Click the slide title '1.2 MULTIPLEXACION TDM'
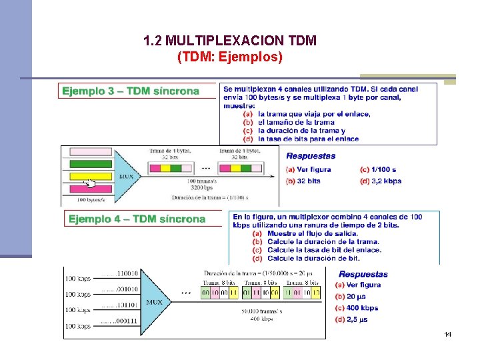230,41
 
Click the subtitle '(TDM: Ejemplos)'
230,57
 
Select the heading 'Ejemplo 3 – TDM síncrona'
131,91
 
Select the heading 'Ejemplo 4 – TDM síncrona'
137,219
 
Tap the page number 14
447,333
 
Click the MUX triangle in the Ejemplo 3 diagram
126,175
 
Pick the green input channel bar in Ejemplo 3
91,163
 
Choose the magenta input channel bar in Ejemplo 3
91,151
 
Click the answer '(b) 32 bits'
303,181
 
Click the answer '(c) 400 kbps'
357,308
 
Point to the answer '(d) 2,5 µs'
353,320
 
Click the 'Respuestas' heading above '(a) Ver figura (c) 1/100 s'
311,156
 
